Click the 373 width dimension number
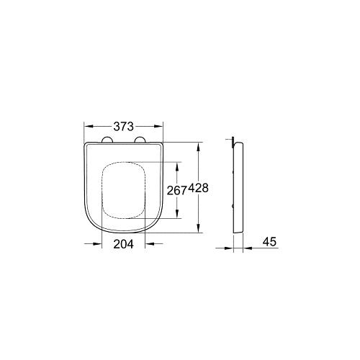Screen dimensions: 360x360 (123, 125)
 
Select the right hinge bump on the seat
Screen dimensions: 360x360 (140, 140)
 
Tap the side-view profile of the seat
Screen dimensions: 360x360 (238, 187)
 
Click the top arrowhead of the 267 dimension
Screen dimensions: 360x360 (176, 164)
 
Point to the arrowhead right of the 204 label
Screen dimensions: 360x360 (148, 244)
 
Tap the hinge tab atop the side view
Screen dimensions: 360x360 (233, 140)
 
